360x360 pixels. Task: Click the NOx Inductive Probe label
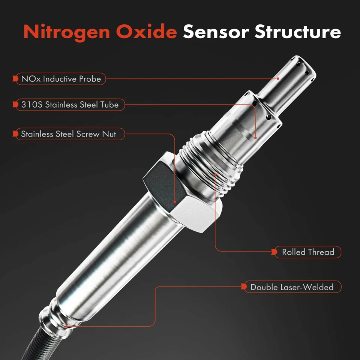pyautogui.click(x=61, y=79)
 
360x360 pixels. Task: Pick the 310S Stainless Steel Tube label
pyautogui.click(x=70, y=105)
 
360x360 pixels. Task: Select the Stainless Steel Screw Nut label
pyautogui.click(x=70, y=134)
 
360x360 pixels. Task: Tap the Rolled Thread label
pyautogui.click(x=307, y=252)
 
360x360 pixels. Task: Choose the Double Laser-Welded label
pyautogui.click(x=291, y=287)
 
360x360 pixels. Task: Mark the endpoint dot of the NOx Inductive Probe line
pyautogui.click(x=278, y=79)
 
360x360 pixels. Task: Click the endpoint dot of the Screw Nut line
pyautogui.click(x=175, y=202)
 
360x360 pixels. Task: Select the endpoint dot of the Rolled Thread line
pyautogui.click(x=215, y=174)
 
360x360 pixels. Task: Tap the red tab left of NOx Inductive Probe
pyautogui.click(x=15, y=79)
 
